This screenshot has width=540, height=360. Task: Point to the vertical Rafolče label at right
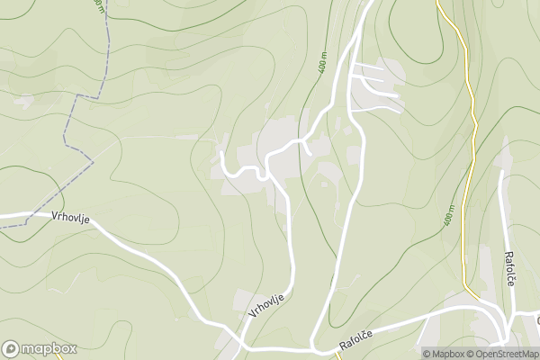pyautogui.click(x=508, y=267)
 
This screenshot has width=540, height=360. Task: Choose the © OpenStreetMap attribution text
pyautogui.click(x=506, y=354)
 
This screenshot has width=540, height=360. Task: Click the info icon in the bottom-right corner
pyautogui.click(x=416, y=354)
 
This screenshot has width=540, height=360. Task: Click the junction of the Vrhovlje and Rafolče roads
pyautogui.click(x=313, y=346)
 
